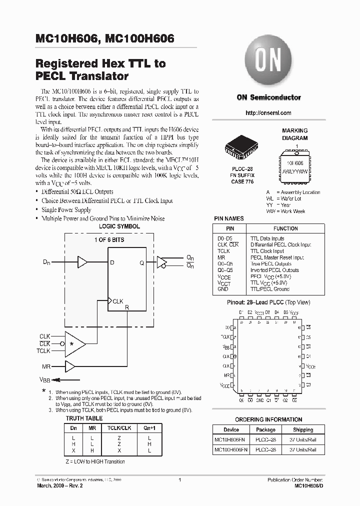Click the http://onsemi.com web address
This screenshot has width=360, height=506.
268,113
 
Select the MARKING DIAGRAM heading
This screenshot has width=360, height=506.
294,134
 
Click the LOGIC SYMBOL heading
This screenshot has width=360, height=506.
119,226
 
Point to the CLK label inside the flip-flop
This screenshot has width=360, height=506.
118,301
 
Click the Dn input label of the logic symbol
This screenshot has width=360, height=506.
47,261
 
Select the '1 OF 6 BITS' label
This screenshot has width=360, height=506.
109,240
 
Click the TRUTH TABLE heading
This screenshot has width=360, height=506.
84,418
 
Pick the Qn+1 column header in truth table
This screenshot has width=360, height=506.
149,428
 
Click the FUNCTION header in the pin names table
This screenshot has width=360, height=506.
285,228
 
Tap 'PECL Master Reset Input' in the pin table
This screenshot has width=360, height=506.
277,257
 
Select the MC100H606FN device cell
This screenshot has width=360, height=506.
231,450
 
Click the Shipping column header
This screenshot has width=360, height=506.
303,429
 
